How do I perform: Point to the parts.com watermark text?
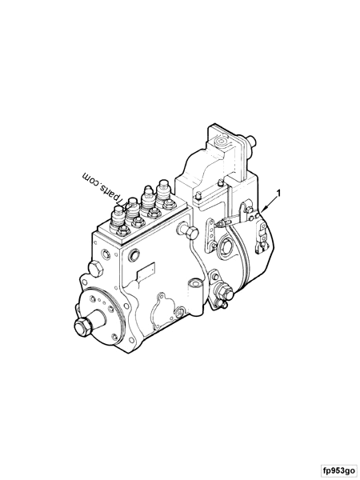coord(100,186)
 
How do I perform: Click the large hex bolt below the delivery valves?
coord(189,233)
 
